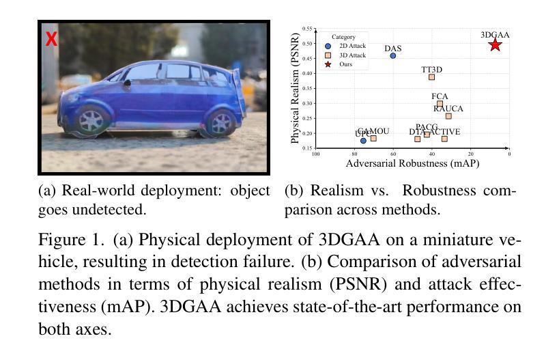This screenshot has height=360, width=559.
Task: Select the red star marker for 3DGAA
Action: [495, 44]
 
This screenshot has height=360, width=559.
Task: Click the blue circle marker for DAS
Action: [393, 55]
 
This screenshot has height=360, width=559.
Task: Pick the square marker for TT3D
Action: [431, 77]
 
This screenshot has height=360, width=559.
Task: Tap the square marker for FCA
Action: [440, 104]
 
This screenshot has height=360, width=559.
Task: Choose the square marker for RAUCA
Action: [448, 116]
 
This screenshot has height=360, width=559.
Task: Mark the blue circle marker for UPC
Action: [363, 141]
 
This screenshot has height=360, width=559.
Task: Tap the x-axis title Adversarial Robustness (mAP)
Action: [412, 165]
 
